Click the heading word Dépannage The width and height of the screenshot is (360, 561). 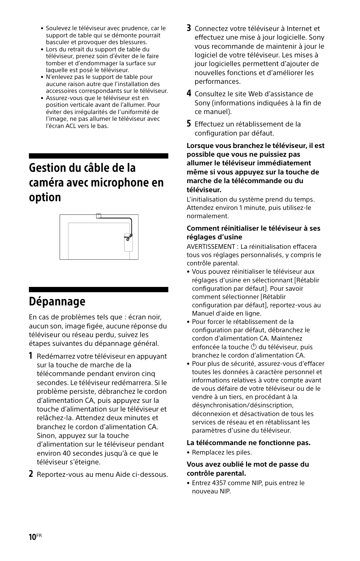pos(57,301)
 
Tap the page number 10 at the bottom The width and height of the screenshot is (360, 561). pos(32,537)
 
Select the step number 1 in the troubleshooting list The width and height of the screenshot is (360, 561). pos(31,356)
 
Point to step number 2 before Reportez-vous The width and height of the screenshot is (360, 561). pos(31,474)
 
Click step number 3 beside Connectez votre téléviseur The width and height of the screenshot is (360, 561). pos(189,28)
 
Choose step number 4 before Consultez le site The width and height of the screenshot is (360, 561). pos(189,93)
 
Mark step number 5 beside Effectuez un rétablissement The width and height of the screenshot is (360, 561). pos(189,123)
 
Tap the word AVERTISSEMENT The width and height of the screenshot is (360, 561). pos(211,247)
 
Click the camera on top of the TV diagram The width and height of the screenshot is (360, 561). pos(98,216)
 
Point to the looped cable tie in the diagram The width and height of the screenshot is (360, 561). pos(129,237)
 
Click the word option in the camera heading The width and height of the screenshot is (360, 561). pos(45,197)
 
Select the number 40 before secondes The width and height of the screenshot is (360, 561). pos(67,453)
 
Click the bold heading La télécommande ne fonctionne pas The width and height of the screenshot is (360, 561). pos(248,442)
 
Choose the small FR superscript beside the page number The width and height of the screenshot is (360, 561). pos(39,535)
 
